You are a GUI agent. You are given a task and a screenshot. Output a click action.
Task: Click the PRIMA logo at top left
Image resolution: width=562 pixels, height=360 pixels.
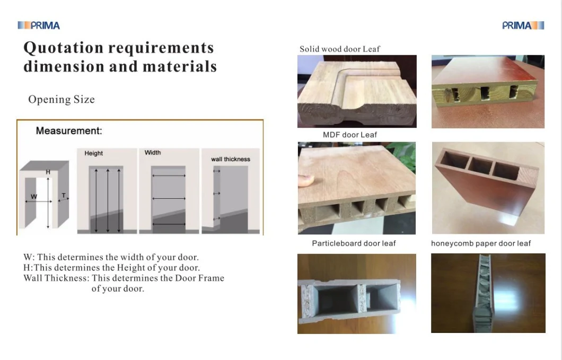point(39,25)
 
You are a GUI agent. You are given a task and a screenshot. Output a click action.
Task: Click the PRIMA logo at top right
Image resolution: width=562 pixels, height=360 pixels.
point(523,25)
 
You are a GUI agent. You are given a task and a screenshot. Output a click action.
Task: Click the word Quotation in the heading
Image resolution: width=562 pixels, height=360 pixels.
point(64,48)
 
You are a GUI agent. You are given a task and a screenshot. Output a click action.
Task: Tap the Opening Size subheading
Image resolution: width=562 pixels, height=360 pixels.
point(62,99)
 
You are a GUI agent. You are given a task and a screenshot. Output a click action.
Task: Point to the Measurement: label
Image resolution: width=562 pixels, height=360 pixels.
point(69,130)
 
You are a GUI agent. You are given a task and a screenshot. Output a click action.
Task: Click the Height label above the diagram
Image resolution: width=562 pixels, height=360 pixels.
point(93,153)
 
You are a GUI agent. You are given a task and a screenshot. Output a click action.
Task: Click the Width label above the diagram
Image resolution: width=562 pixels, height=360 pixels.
point(153,152)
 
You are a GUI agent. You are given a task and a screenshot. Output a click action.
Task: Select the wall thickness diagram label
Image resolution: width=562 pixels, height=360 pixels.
point(231,159)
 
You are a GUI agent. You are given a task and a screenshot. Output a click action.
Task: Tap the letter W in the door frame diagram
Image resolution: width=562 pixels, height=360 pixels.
point(34,197)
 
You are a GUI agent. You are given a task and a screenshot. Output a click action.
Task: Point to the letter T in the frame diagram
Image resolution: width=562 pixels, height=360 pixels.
point(64,196)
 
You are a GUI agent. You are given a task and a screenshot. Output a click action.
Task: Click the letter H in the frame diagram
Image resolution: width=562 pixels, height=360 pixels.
point(48,172)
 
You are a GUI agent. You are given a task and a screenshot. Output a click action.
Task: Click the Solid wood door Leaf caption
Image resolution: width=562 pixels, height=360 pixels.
point(339,49)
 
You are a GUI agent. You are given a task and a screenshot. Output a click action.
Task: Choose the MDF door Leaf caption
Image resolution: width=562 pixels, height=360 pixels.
point(350,135)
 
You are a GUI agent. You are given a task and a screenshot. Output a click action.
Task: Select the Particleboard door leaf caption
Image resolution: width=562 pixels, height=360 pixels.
point(354,243)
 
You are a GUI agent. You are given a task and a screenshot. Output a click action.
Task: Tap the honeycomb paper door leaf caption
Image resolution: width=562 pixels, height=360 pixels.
point(481,243)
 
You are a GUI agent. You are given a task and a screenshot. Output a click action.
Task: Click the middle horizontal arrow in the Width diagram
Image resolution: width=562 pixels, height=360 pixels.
point(169,198)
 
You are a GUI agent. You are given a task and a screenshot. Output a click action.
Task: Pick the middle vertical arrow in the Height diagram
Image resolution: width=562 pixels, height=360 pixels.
point(108,200)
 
